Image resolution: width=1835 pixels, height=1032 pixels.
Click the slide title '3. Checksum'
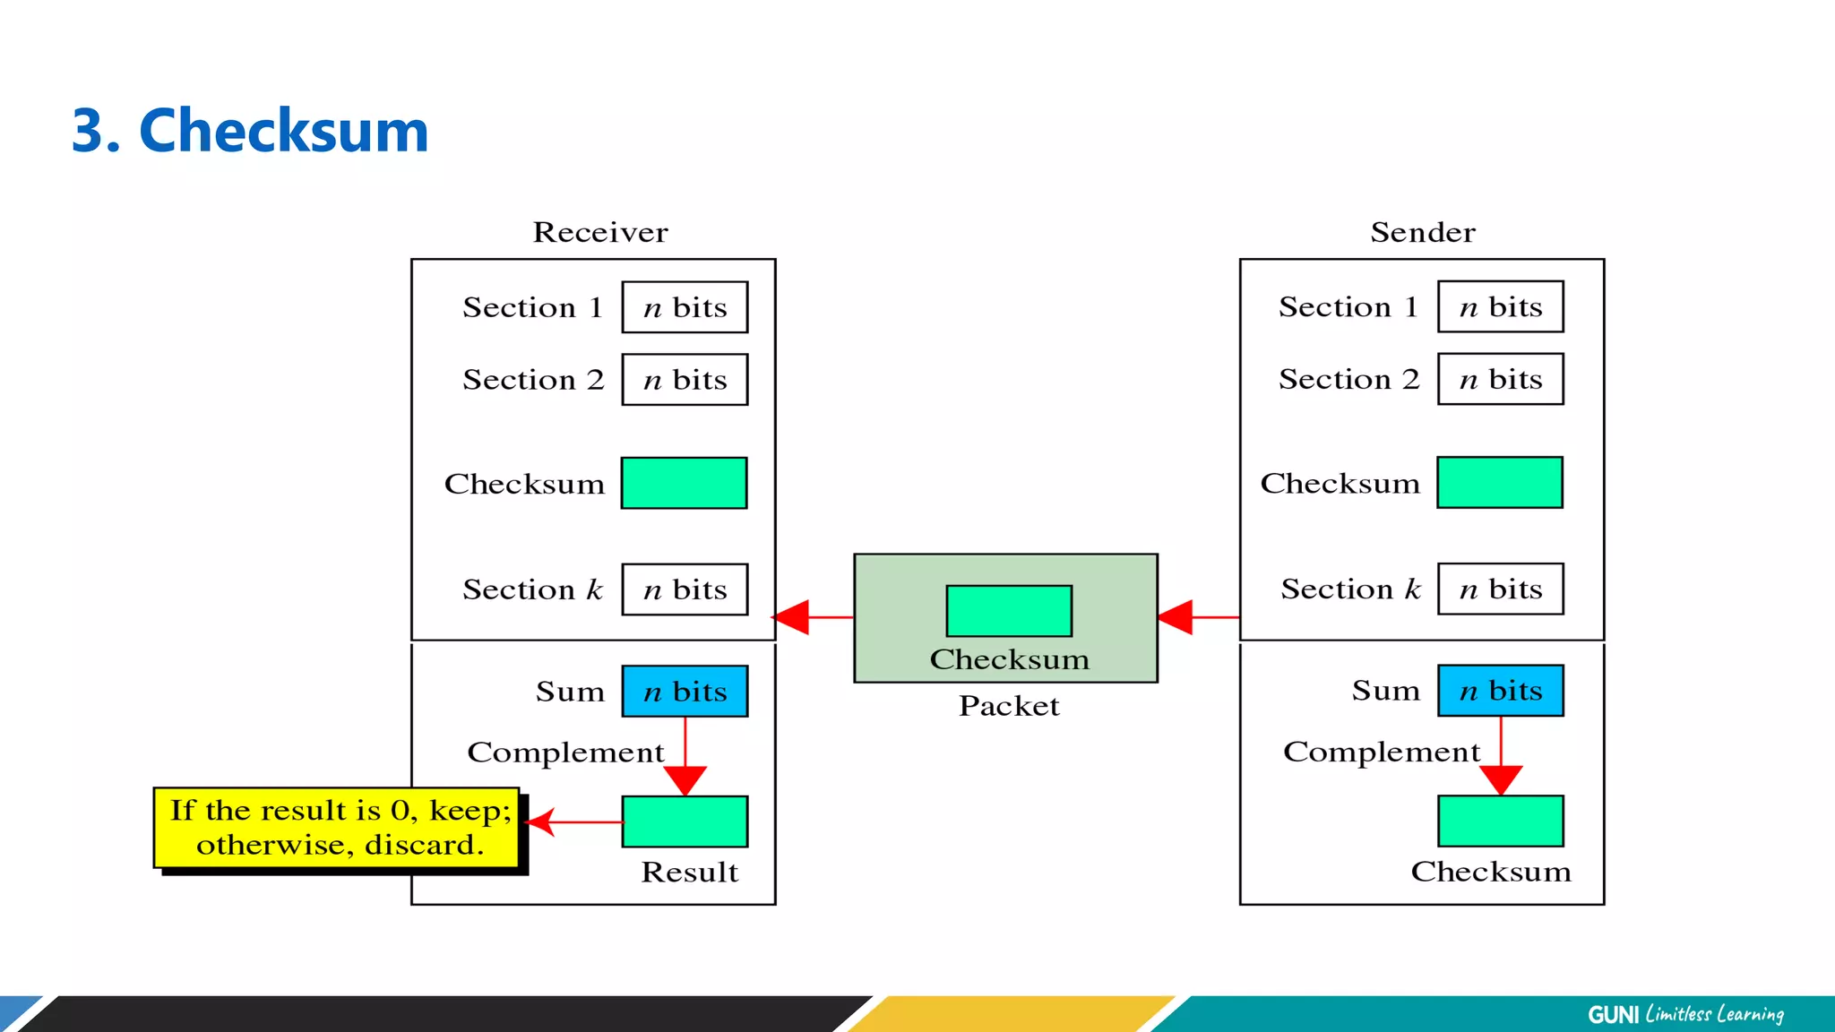click(x=250, y=131)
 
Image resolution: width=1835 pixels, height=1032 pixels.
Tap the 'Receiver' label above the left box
click(x=600, y=232)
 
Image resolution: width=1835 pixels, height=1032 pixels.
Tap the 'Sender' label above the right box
click(x=1422, y=232)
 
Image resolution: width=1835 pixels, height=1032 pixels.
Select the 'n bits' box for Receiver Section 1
click(x=685, y=307)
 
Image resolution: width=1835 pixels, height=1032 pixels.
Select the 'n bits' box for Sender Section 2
click(x=1500, y=379)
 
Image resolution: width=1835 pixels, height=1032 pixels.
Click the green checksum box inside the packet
click(x=1009, y=611)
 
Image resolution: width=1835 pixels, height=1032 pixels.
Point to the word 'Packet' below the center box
click(x=1009, y=706)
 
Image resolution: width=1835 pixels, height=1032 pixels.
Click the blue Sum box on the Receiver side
click(x=685, y=691)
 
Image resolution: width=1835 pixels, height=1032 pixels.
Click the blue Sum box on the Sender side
click(x=1500, y=690)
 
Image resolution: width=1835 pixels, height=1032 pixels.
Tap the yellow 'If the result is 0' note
click(x=336, y=828)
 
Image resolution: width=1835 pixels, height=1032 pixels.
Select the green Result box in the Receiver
click(x=685, y=821)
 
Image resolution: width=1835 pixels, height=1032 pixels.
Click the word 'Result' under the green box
click(x=689, y=872)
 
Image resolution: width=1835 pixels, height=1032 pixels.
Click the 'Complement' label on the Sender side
click(x=1381, y=751)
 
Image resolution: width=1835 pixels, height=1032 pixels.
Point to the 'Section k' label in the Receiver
click(x=532, y=589)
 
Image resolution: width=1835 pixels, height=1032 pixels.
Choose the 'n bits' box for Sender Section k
click(x=1500, y=589)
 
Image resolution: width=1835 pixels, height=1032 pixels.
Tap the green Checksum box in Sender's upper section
click(x=1500, y=483)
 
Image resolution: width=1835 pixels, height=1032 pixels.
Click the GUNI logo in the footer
click(x=1613, y=1014)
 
